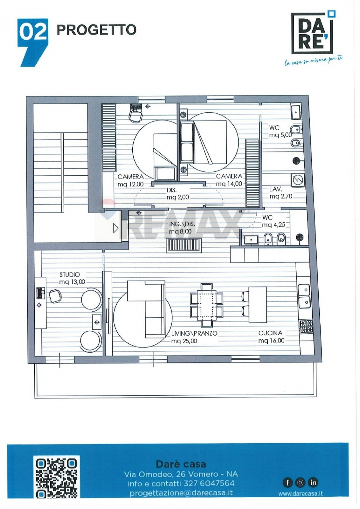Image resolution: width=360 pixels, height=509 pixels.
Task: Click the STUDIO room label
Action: pyautogui.click(x=70, y=275)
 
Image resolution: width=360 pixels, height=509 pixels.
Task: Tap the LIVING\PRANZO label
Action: pyautogui.click(x=194, y=333)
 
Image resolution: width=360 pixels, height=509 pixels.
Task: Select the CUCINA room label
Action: pyautogui.click(x=270, y=333)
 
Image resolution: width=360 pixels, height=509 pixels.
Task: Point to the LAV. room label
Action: pyautogui.click(x=276, y=189)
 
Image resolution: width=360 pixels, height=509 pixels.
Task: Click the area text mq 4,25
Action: pyautogui.click(x=273, y=225)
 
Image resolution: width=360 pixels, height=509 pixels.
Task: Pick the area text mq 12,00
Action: pyautogui.click(x=130, y=184)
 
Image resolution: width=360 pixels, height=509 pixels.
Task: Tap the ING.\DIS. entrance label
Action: pyautogui.click(x=182, y=224)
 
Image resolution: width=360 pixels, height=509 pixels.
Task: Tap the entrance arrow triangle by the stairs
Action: pyautogui.click(x=116, y=228)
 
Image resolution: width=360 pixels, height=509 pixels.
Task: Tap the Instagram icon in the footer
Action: pyautogui.click(x=300, y=482)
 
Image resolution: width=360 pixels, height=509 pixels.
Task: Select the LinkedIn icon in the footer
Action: pyautogui.click(x=313, y=482)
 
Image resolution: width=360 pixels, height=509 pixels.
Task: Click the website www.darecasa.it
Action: pyautogui.click(x=301, y=493)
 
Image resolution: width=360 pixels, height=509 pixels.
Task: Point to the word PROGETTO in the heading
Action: pyautogui.click(x=96, y=30)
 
